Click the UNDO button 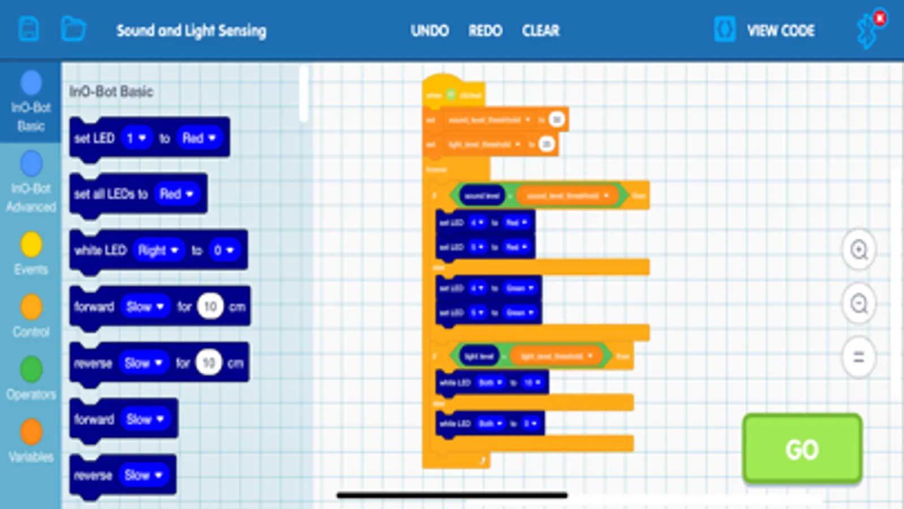tap(430, 31)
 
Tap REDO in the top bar tap(485, 31)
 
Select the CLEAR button tap(540, 31)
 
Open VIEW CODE tap(780, 31)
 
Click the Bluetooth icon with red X tap(868, 29)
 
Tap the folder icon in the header tap(73, 29)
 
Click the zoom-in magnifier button tap(859, 249)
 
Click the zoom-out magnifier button tap(859, 304)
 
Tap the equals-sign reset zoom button tap(859, 357)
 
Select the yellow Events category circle tap(31, 245)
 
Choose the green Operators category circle tap(31, 369)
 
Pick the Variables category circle tap(31, 432)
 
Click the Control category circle tap(31, 307)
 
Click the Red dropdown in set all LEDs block tap(177, 194)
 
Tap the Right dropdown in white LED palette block tap(158, 250)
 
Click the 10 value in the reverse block tap(209, 363)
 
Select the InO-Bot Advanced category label tap(31, 197)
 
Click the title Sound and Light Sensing tap(191, 31)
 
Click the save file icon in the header tap(29, 29)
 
